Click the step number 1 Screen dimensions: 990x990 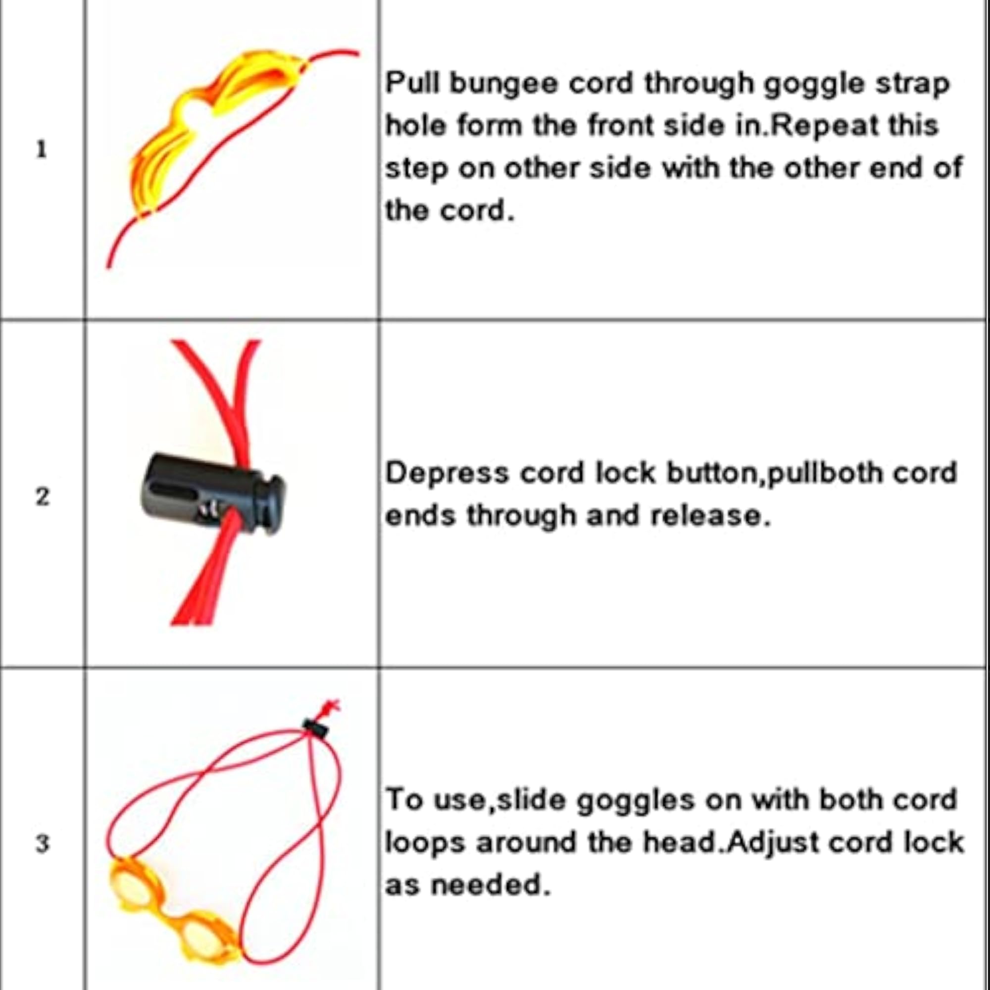coord(42,149)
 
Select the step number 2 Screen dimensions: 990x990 coord(43,496)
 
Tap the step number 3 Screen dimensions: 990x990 coord(43,843)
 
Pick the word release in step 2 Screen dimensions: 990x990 coord(710,515)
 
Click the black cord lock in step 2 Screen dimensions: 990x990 coord(212,493)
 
